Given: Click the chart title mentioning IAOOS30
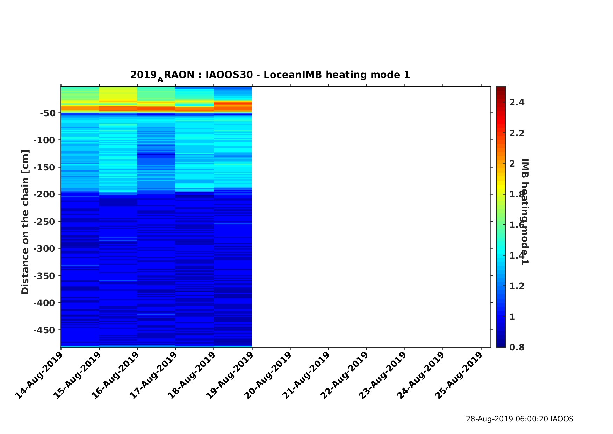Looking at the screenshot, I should (x=270, y=75).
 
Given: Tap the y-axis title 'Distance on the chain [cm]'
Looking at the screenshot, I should (x=25, y=222).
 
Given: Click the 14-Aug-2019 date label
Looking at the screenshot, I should (x=39, y=375).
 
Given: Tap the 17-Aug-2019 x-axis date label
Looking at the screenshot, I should (x=154, y=375).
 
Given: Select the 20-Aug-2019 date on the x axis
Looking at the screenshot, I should (x=268, y=375).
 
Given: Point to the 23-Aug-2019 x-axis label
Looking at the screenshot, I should (x=383, y=375).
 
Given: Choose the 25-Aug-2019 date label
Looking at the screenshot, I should (x=459, y=375).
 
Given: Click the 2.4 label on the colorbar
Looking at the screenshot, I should (x=517, y=103).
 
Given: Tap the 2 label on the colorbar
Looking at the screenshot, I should (x=512, y=164).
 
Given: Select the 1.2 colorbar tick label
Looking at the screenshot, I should (x=517, y=286).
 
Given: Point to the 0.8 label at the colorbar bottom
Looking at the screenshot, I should (x=517, y=347).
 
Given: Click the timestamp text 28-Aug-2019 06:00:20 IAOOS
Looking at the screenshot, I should (x=519, y=419).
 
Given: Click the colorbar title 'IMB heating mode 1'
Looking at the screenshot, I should (x=525, y=211).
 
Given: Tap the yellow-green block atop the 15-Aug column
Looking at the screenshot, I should (x=118, y=94).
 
